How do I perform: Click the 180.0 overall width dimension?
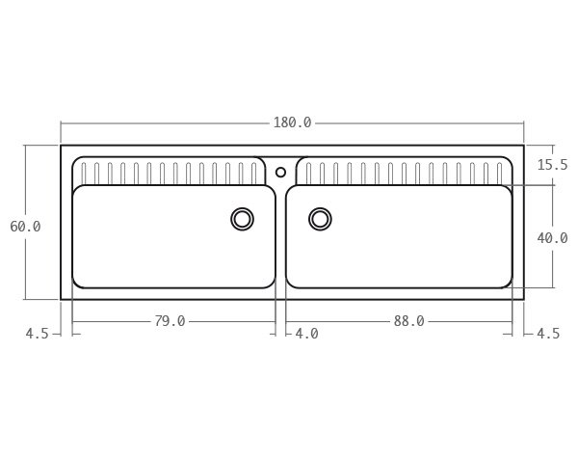coord(292,122)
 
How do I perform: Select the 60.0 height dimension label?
coord(25,227)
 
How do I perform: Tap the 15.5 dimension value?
coord(552,165)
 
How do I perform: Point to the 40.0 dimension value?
coord(552,237)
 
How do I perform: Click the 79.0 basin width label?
coord(170,321)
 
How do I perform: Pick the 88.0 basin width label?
coord(408,321)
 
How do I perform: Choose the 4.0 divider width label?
coord(306,334)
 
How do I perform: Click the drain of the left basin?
coord(242,219)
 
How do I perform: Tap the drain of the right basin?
coord(320,219)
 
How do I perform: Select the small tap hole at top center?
coord(280,173)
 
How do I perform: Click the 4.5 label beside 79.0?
coord(37,334)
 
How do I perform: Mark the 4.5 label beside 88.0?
coord(547,334)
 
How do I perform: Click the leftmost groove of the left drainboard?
coord(84,174)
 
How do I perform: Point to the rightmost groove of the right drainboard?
coord(501,174)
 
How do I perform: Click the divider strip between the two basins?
coord(280,236)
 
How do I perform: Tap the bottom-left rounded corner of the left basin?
coord(77,284)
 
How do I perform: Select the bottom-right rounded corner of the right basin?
coord(508,284)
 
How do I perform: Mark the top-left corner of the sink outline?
coord(61,146)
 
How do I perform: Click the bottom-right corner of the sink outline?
coord(523,299)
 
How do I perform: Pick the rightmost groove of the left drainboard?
coord(253,174)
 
